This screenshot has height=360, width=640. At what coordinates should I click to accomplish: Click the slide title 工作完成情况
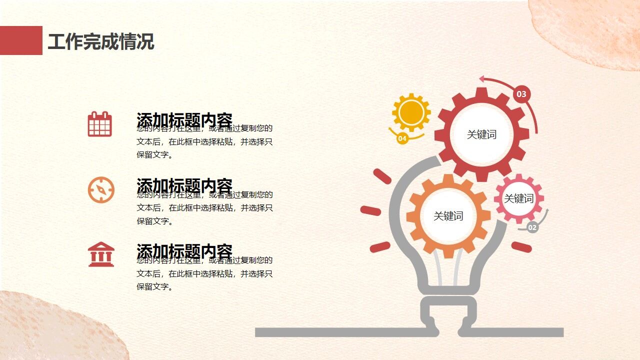pyautogui.click(x=101, y=41)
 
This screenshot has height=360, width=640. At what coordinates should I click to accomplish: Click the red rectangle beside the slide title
pyautogui.click(x=21, y=40)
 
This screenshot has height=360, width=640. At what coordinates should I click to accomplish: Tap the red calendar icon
pyautogui.click(x=100, y=124)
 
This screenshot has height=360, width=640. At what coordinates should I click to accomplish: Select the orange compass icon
pyautogui.click(x=101, y=190)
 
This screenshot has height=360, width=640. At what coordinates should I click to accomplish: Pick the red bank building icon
pyautogui.click(x=101, y=254)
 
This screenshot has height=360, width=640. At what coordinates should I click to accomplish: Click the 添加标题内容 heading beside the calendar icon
pyautogui.click(x=184, y=120)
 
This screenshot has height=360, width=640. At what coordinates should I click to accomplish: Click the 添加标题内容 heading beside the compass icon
pyautogui.click(x=184, y=185)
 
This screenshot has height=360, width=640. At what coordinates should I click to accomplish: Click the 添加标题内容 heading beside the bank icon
pyautogui.click(x=184, y=251)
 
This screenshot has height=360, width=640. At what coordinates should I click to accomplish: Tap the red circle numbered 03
pyautogui.click(x=521, y=94)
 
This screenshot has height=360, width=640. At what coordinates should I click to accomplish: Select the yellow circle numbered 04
pyautogui.click(x=402, y=138)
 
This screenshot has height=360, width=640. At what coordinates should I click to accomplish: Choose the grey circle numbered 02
pyautogui.click(x=532, y=228)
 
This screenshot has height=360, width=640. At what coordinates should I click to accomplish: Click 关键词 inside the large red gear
pyautogui.click(x=481, y=134)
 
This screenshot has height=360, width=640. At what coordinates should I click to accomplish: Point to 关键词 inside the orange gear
pyautogui.click(x=448, y=216)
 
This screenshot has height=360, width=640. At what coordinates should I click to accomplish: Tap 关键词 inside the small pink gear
pyautogui.click(x=518, y=198)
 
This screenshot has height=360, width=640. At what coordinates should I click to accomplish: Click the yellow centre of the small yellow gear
pyautogui.click(x=411, y=112)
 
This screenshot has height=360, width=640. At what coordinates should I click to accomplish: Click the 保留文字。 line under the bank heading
pyautogui.click(x=155, y=287)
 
